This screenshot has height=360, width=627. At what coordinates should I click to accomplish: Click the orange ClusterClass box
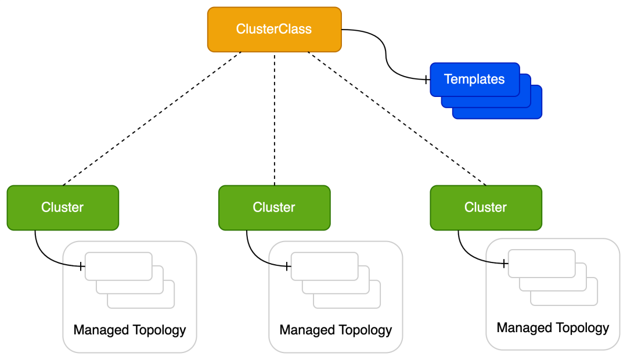[x=274, y=29]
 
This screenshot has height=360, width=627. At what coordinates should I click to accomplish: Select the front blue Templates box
[x=474, y=80]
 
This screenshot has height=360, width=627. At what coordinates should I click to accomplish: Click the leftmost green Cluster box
[x=63, y=207]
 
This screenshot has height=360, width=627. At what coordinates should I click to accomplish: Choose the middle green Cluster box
[x=274, y=207]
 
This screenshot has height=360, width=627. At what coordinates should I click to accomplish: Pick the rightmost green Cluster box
[x=485, y=207]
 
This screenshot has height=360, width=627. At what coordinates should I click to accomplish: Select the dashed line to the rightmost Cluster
[x=397, y=118]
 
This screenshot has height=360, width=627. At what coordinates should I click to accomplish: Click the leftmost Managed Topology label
[x=129, y=330]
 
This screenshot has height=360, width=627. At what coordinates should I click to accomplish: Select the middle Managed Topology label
[x=336, y=330]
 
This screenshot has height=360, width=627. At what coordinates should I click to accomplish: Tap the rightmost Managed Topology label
[x=553, y=328]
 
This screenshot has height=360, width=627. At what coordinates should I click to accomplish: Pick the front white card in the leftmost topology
[x=118, y=266]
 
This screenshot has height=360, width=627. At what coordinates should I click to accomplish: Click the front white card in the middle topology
[x=324, y=266]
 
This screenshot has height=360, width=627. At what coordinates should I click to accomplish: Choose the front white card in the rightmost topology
[x=541, y=264]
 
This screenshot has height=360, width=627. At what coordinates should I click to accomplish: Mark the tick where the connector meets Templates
[x=426, y=80]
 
